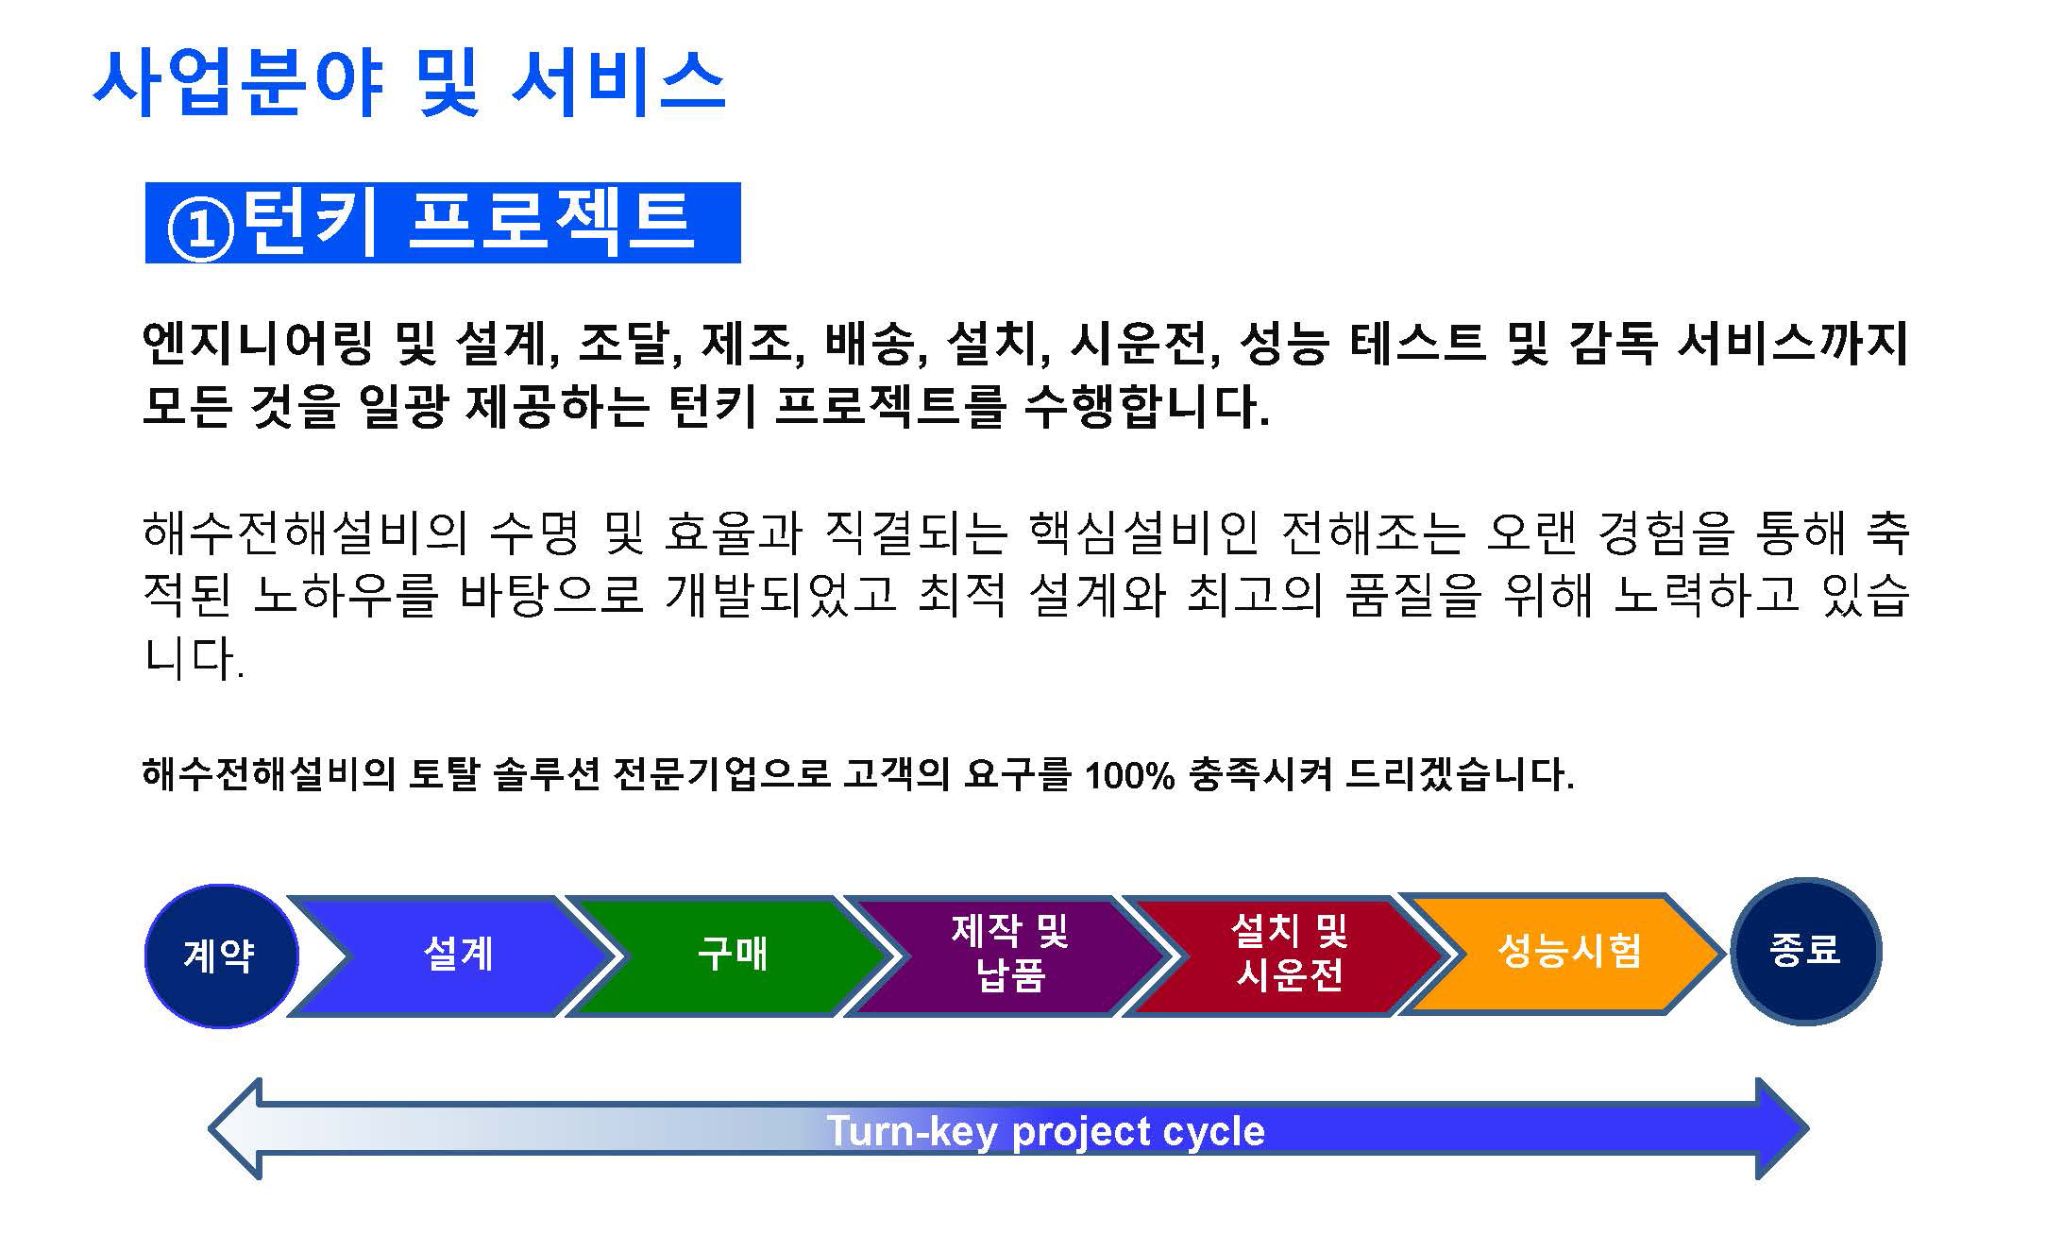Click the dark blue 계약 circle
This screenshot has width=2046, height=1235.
pos(221,956)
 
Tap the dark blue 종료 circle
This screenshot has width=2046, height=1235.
pos(1805,951)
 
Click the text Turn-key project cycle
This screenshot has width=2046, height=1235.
pos(1045,1131)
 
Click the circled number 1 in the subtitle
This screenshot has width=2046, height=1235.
pos(200,228)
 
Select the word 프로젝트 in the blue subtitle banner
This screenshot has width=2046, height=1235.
pos(550,223)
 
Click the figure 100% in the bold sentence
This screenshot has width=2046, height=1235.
pos(1129,775)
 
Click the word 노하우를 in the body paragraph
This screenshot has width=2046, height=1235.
pos(346,595)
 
